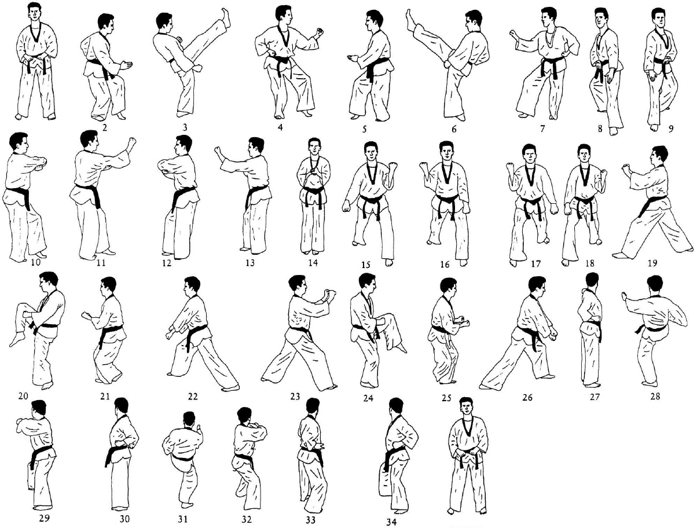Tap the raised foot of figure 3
coord(225,15)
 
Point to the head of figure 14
coord(314,147)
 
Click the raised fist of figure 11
coord(133,142)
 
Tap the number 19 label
coord(652,262)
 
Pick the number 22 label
coord(193,397)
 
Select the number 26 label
coord(527,398)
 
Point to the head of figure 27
coord(591,280)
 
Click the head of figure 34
coord(395,407)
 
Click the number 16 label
coord(445,265)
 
